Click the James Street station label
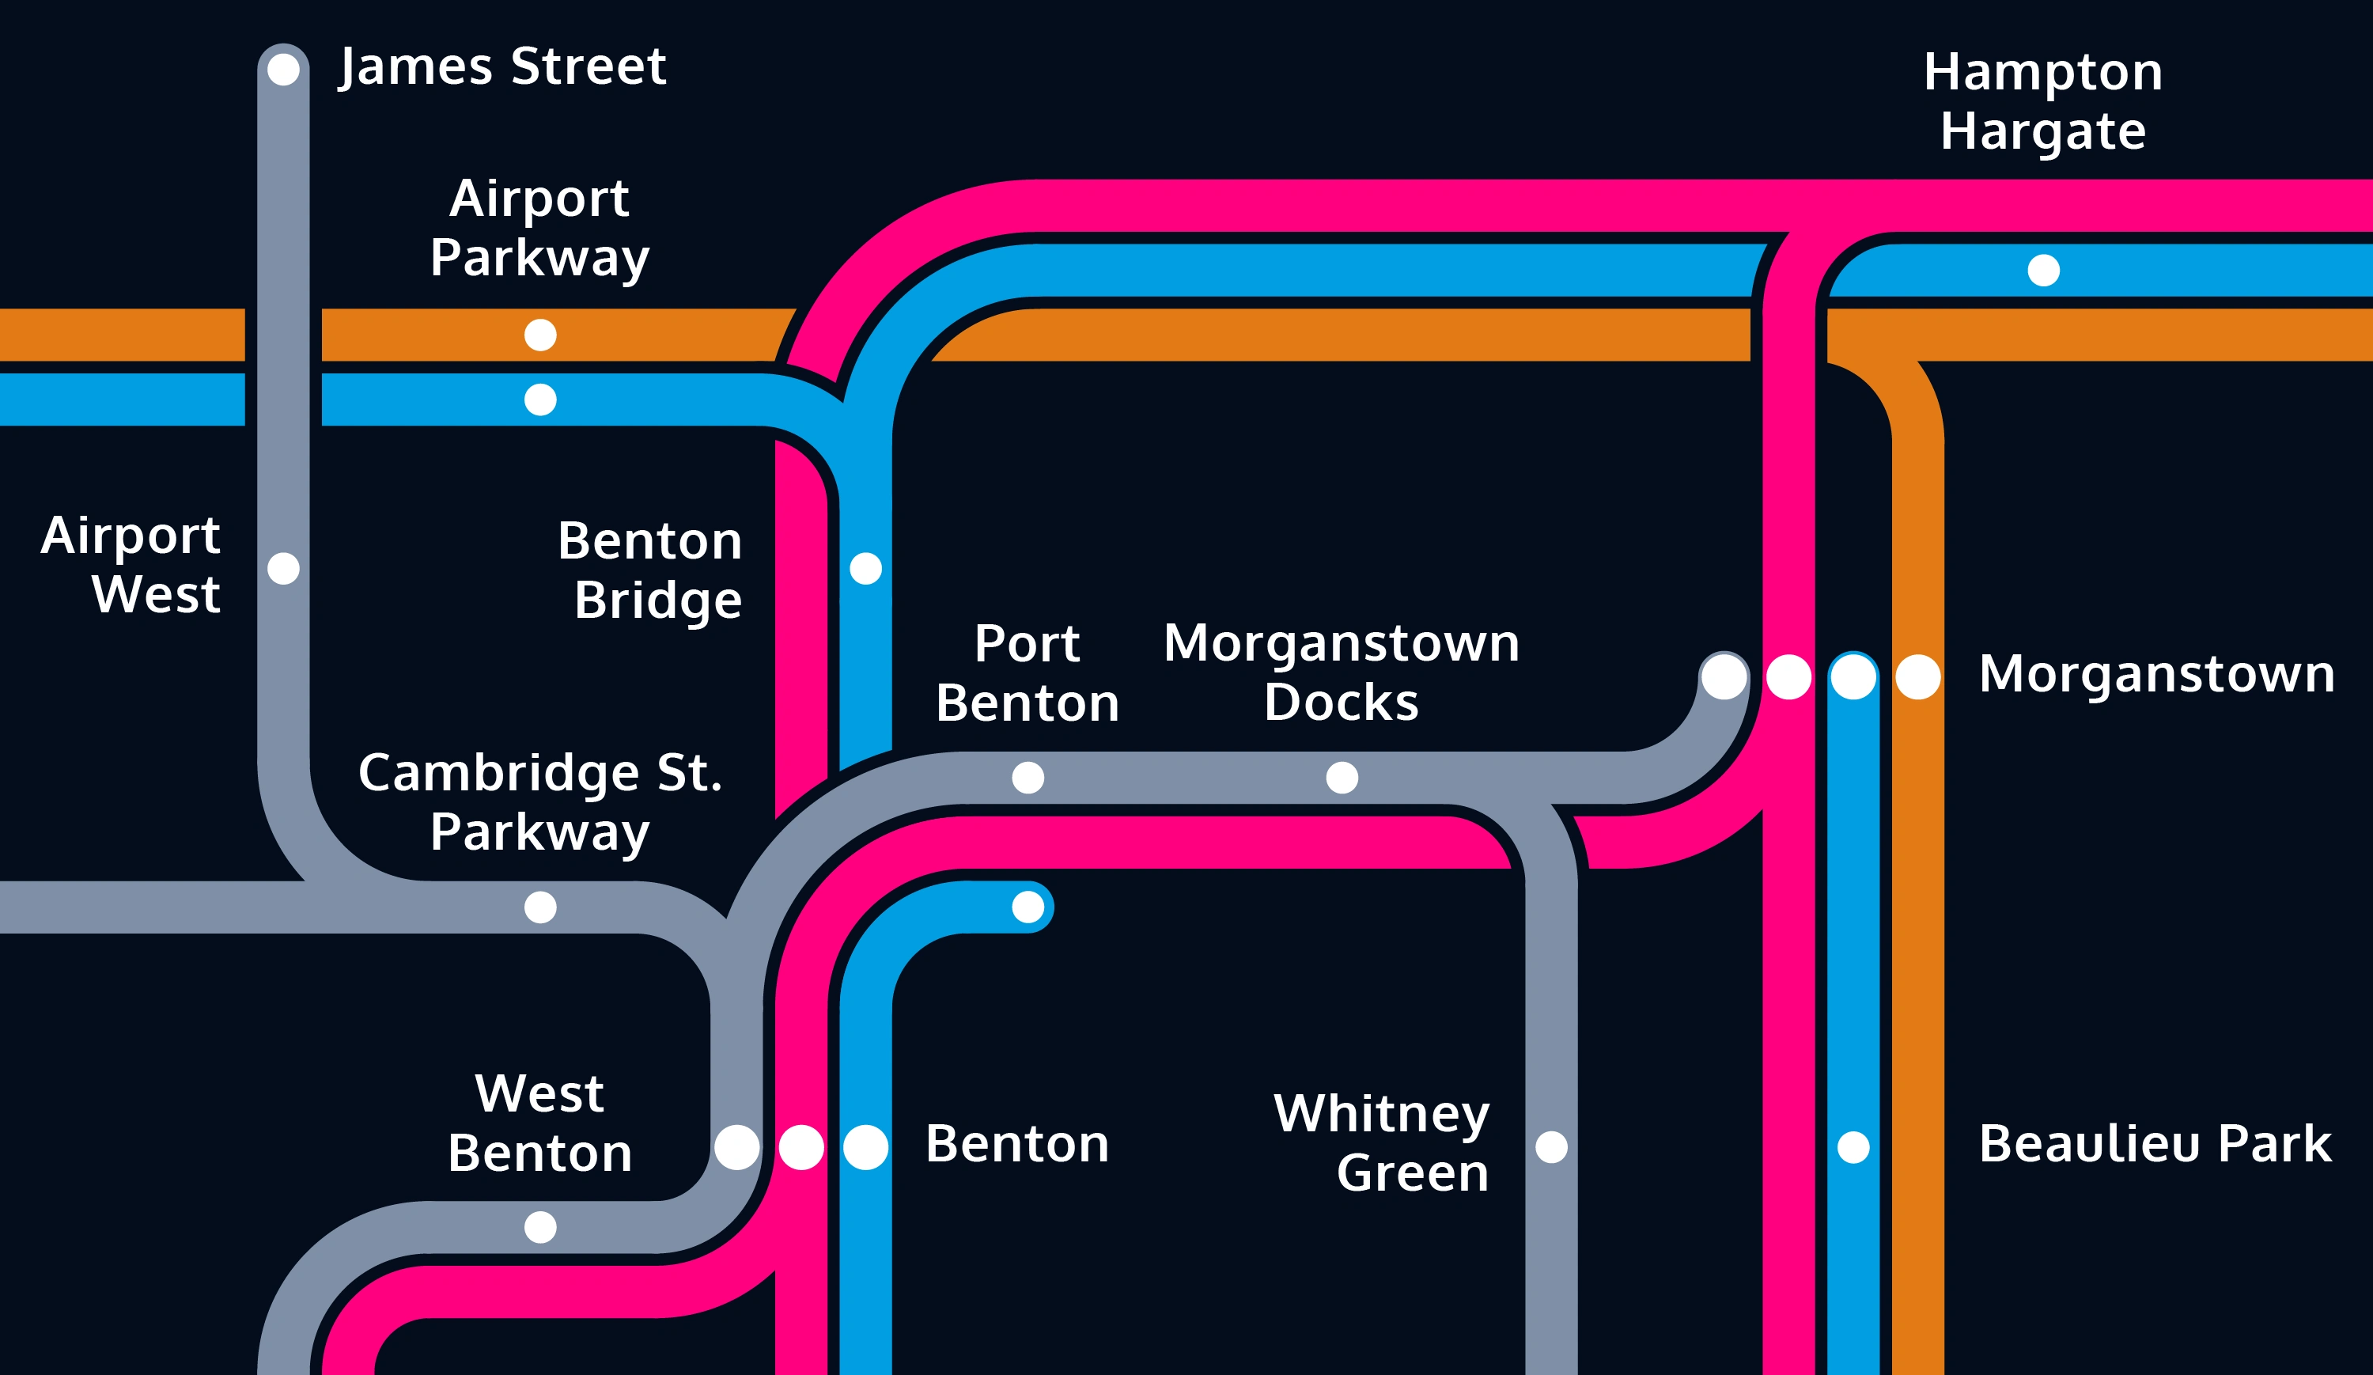point(502,67)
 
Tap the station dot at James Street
point(283,69)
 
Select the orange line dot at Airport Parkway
point(539,335)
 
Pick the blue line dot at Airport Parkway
point(539,400)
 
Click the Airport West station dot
point(283,568)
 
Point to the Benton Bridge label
point(649,570)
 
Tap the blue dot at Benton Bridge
point(865,568)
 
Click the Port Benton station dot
point(1028,777)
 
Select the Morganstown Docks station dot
point(1342,777)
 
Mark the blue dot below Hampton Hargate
point(2042,271)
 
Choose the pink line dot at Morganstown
point(1788,676)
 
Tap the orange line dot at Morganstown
point(1917,676)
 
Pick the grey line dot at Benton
point(736,1147)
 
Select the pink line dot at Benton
point(800,1147)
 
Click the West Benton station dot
point(539,1226)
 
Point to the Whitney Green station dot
point(1551,1147)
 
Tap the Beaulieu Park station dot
point(1853,1147)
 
